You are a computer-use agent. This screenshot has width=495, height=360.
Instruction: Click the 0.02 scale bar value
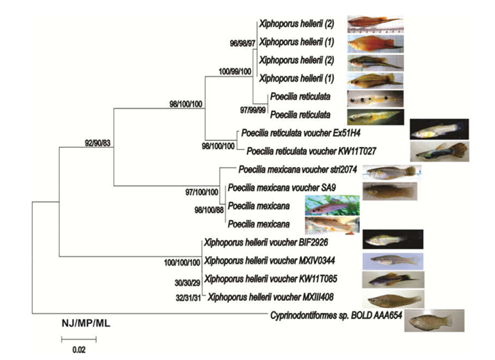pos(78,350)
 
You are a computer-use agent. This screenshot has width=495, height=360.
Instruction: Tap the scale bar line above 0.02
pos(78,339)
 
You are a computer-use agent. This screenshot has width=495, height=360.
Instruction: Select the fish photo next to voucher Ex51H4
pos(438,129)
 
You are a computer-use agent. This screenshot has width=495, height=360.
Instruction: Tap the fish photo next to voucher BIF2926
pos(392,240)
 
